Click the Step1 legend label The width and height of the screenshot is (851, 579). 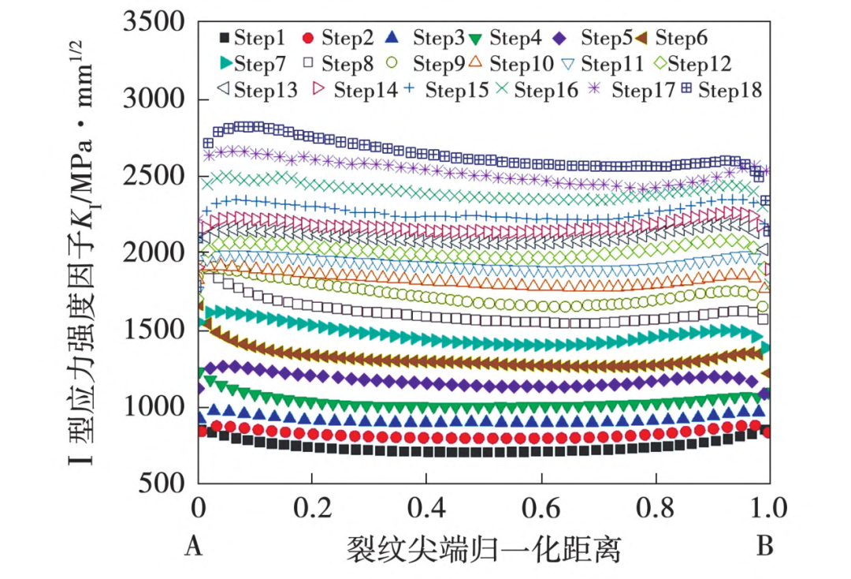tap(261, 37)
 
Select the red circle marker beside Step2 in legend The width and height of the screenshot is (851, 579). tap(309, 37)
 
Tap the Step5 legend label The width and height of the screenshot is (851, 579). tap(608, 37)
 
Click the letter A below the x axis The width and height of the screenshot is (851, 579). tap(194, 547)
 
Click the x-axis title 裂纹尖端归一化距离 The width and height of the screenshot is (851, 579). tap(483, 549)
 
